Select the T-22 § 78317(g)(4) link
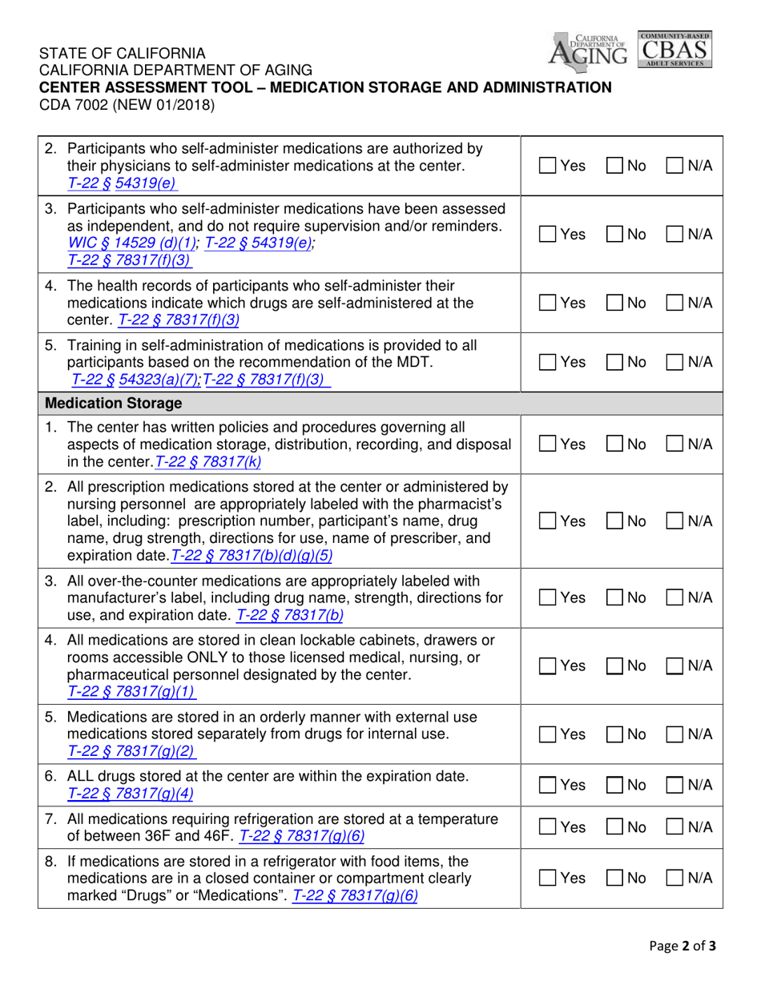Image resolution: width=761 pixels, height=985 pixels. (x=127, y=793)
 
